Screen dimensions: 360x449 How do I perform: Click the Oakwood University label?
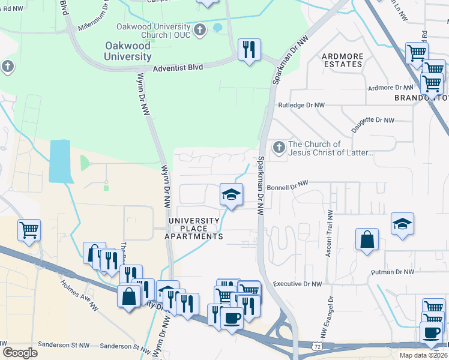[x=127, y=51]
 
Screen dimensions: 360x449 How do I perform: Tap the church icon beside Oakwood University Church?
[x=200, y=29]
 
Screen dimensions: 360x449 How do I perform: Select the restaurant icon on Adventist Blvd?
[x=249, y=49]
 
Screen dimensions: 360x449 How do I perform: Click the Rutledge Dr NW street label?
[x=301, y=105]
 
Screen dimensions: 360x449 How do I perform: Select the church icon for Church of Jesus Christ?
[x=279, y=147]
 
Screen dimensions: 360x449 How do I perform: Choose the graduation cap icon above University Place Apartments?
[x=231, y=194]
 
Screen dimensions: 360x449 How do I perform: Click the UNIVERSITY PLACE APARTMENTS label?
[x=196, y=229]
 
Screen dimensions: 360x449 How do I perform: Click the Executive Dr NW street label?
[x=297, y=284]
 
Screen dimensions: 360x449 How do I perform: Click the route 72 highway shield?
[x=316, y=346]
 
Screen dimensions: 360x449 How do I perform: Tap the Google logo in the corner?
[x=20, y=353]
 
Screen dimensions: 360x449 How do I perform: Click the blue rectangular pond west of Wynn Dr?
[x=61, y=161]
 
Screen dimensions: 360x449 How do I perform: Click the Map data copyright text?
[x=423, y=355]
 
